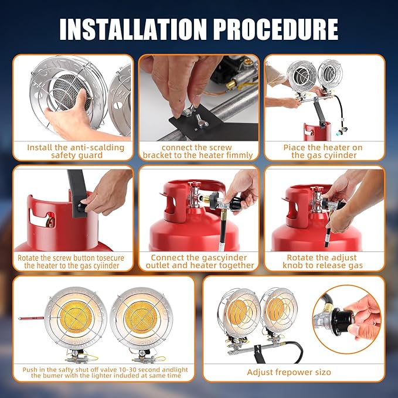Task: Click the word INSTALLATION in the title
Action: tap(132, 29)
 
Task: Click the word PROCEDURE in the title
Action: tap(275, 29)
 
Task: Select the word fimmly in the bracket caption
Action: tap(240, 155)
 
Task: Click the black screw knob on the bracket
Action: tap(81, 206)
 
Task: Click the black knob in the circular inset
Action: tap(343, 318)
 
